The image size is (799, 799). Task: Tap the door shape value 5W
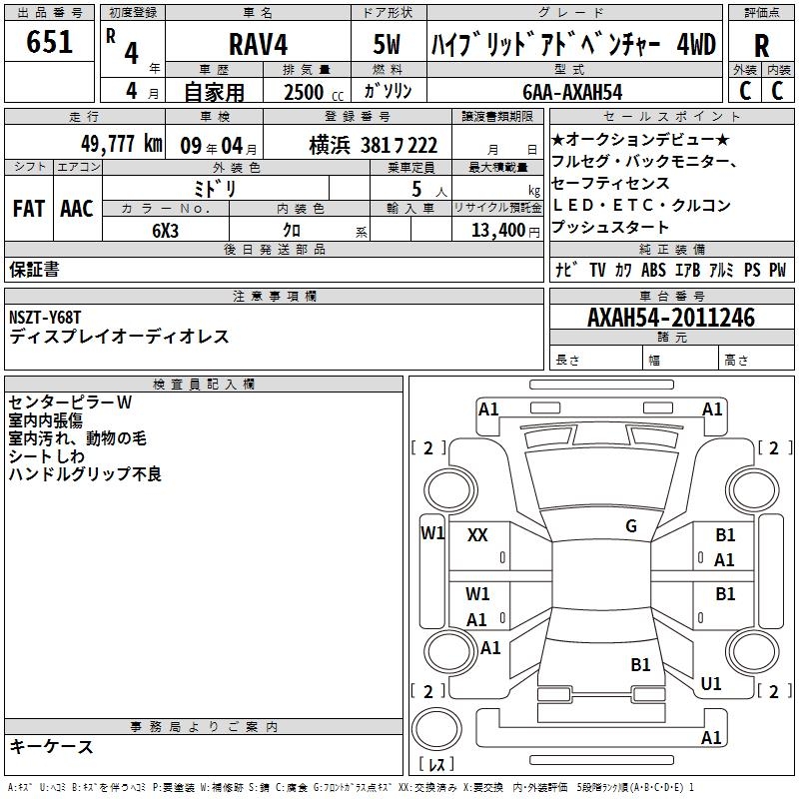(x=390, y=45)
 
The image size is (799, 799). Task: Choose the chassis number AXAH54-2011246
(x=671, y=318)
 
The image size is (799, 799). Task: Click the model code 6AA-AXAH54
(x=572, y=92)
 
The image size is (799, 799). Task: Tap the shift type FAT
(x=29, y=209)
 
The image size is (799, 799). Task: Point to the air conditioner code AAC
(x=76, y=209)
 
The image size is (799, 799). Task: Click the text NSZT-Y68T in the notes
(x=45, y=318)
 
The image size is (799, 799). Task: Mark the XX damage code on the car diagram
(x=477, y=535)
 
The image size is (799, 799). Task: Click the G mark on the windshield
(x=630, y=526)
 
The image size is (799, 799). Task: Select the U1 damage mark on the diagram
(x=711, y=684)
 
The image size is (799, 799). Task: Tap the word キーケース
(x=51, y=746)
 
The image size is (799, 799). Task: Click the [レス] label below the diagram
(x=435, y=765)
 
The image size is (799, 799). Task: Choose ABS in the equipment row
(x=653, y=270)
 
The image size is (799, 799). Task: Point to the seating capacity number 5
(x=413, y=188)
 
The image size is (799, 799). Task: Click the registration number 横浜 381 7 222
(x=374, y=145)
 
